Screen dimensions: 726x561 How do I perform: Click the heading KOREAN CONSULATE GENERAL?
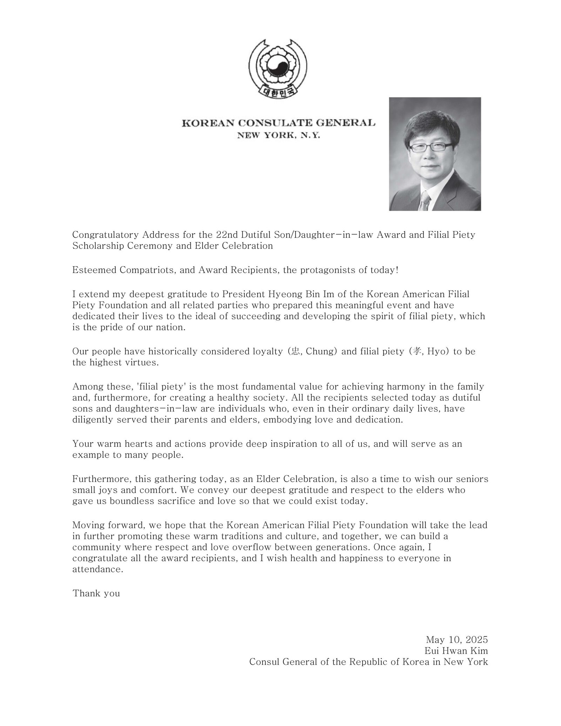[x=278, y=123]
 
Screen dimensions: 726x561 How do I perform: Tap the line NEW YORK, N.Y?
[x=279, y=135]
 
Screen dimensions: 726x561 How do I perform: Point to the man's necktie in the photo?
[x=425, y=200]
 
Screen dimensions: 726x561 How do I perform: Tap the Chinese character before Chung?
[x=295, y=351]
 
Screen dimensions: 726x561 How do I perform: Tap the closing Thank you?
[x=96, y=593]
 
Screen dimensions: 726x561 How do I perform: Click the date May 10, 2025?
[x=457, y=639]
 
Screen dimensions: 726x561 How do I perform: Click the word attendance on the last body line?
[x=97, y=569]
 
